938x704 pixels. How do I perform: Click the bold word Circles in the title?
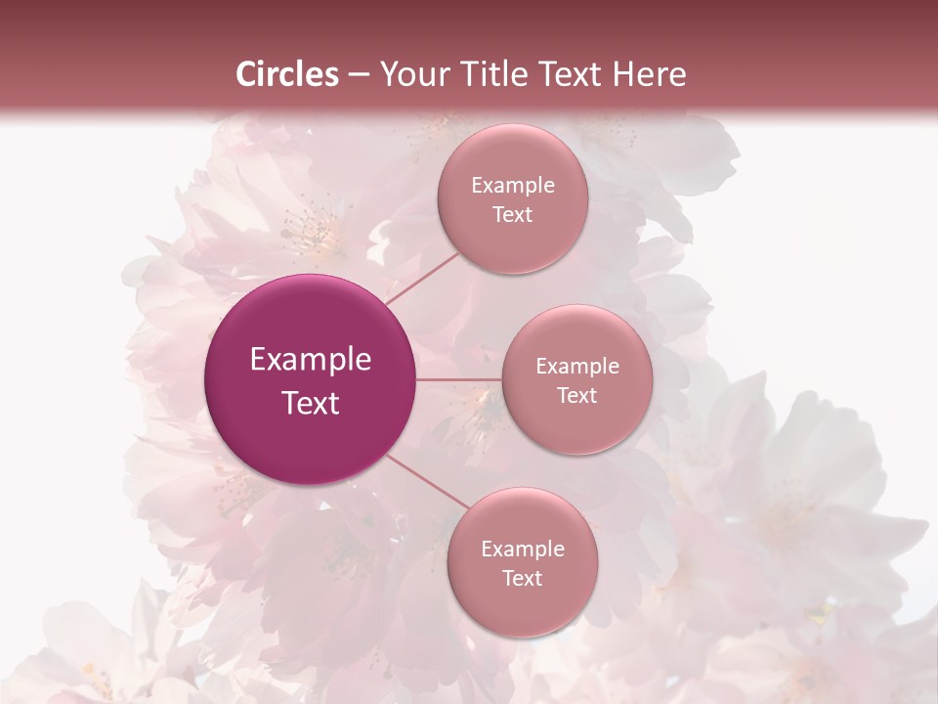point(288,74)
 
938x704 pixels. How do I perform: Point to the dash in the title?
point(359,75)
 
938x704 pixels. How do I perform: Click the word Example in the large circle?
point(311,360)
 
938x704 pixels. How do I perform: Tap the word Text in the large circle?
point(311,403)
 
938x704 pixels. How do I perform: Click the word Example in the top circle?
point(513,186)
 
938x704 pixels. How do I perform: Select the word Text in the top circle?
point(513,215)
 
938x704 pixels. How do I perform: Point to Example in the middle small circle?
point(577,367)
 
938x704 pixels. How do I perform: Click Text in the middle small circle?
point(577,396)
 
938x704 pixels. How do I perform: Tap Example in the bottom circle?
point(523,550)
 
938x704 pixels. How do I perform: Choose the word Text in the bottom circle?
point(523,579)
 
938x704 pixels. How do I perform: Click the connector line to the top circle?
point(422,277)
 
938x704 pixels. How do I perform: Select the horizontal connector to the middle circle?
point(459,379)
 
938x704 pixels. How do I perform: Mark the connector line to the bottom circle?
point(428,481)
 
